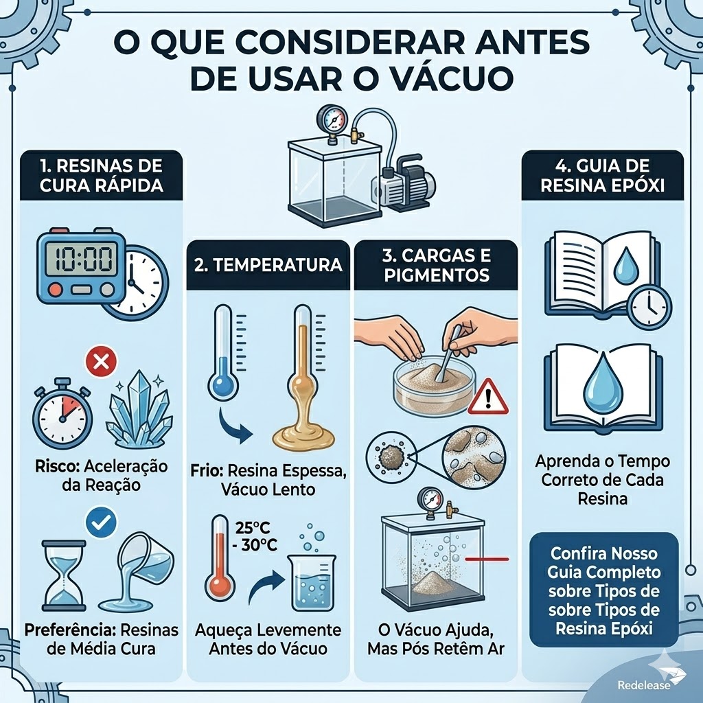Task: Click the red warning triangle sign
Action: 487,398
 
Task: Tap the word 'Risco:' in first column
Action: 58,467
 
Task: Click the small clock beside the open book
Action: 649,306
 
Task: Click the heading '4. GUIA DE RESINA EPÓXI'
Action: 602,176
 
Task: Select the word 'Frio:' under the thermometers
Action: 206,472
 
